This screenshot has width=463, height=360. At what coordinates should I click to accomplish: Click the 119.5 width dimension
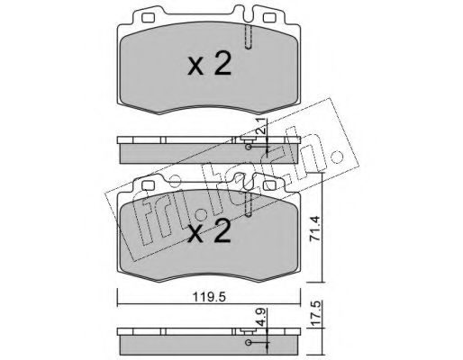(209, 297)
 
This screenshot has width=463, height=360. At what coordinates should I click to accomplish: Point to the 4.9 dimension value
(261, 317)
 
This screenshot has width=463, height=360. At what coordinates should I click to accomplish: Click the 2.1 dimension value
(261, 125)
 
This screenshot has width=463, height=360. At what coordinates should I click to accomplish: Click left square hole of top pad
(148, 18)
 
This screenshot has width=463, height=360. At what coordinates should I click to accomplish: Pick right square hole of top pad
(269, 18)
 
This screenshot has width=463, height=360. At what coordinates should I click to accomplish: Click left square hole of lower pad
(148, 185)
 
